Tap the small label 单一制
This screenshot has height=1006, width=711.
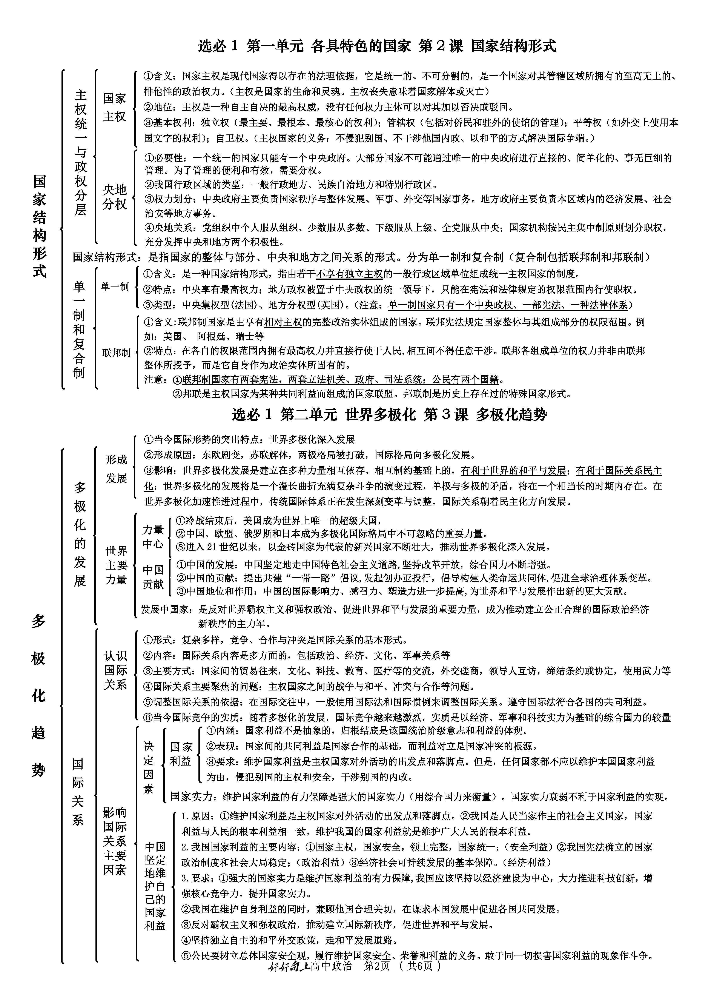pyautogui.click(x=115, y=287)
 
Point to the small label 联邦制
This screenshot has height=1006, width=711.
pyautogui.click(x=116, y=353)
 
